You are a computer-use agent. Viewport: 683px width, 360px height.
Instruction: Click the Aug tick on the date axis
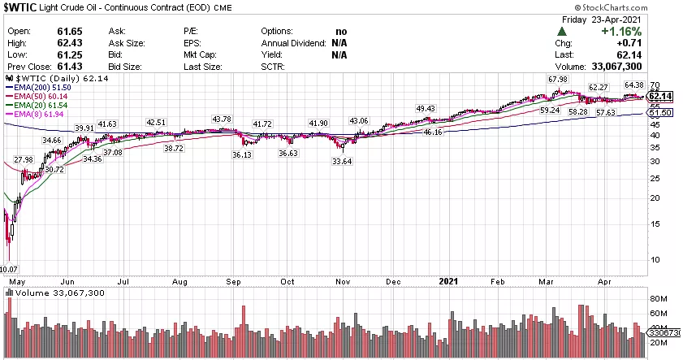(x=179, y=281)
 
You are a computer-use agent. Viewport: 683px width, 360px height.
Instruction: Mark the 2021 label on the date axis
(x=449, y=281)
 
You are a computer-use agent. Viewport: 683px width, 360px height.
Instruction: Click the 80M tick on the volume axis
(x=657, y=298)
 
